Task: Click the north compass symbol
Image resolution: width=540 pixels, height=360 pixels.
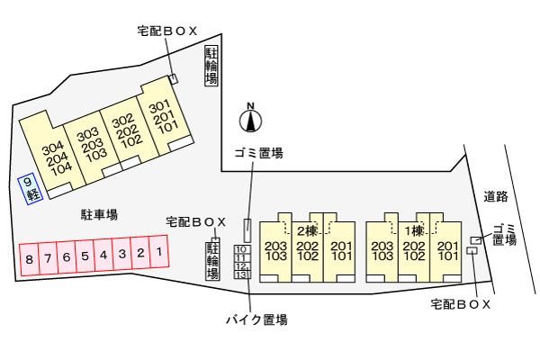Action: [251, 117]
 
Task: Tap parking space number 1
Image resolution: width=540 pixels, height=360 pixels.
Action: [158, 253]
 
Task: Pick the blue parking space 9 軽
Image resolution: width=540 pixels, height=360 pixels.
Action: [31, 188]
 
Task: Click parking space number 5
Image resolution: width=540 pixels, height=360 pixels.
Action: [85, 256]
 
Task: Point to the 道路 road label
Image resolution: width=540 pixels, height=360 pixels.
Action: [496, 196]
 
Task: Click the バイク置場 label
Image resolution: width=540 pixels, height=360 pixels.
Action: [256, 319]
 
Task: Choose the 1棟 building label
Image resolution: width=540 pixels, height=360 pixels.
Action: [415, 229]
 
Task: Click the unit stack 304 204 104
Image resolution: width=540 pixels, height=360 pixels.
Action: [60, 157]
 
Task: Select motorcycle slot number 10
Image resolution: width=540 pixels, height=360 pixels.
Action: [240, 248]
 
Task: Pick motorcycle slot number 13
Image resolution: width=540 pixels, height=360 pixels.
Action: [240, 274]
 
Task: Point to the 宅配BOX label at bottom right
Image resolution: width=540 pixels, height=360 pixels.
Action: [461, 305]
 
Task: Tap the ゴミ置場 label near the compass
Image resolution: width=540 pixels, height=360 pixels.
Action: [258, 153]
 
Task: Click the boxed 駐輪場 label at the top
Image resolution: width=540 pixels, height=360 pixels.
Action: [211, 67]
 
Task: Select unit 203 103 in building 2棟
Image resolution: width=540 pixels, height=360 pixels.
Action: [275, 251]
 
